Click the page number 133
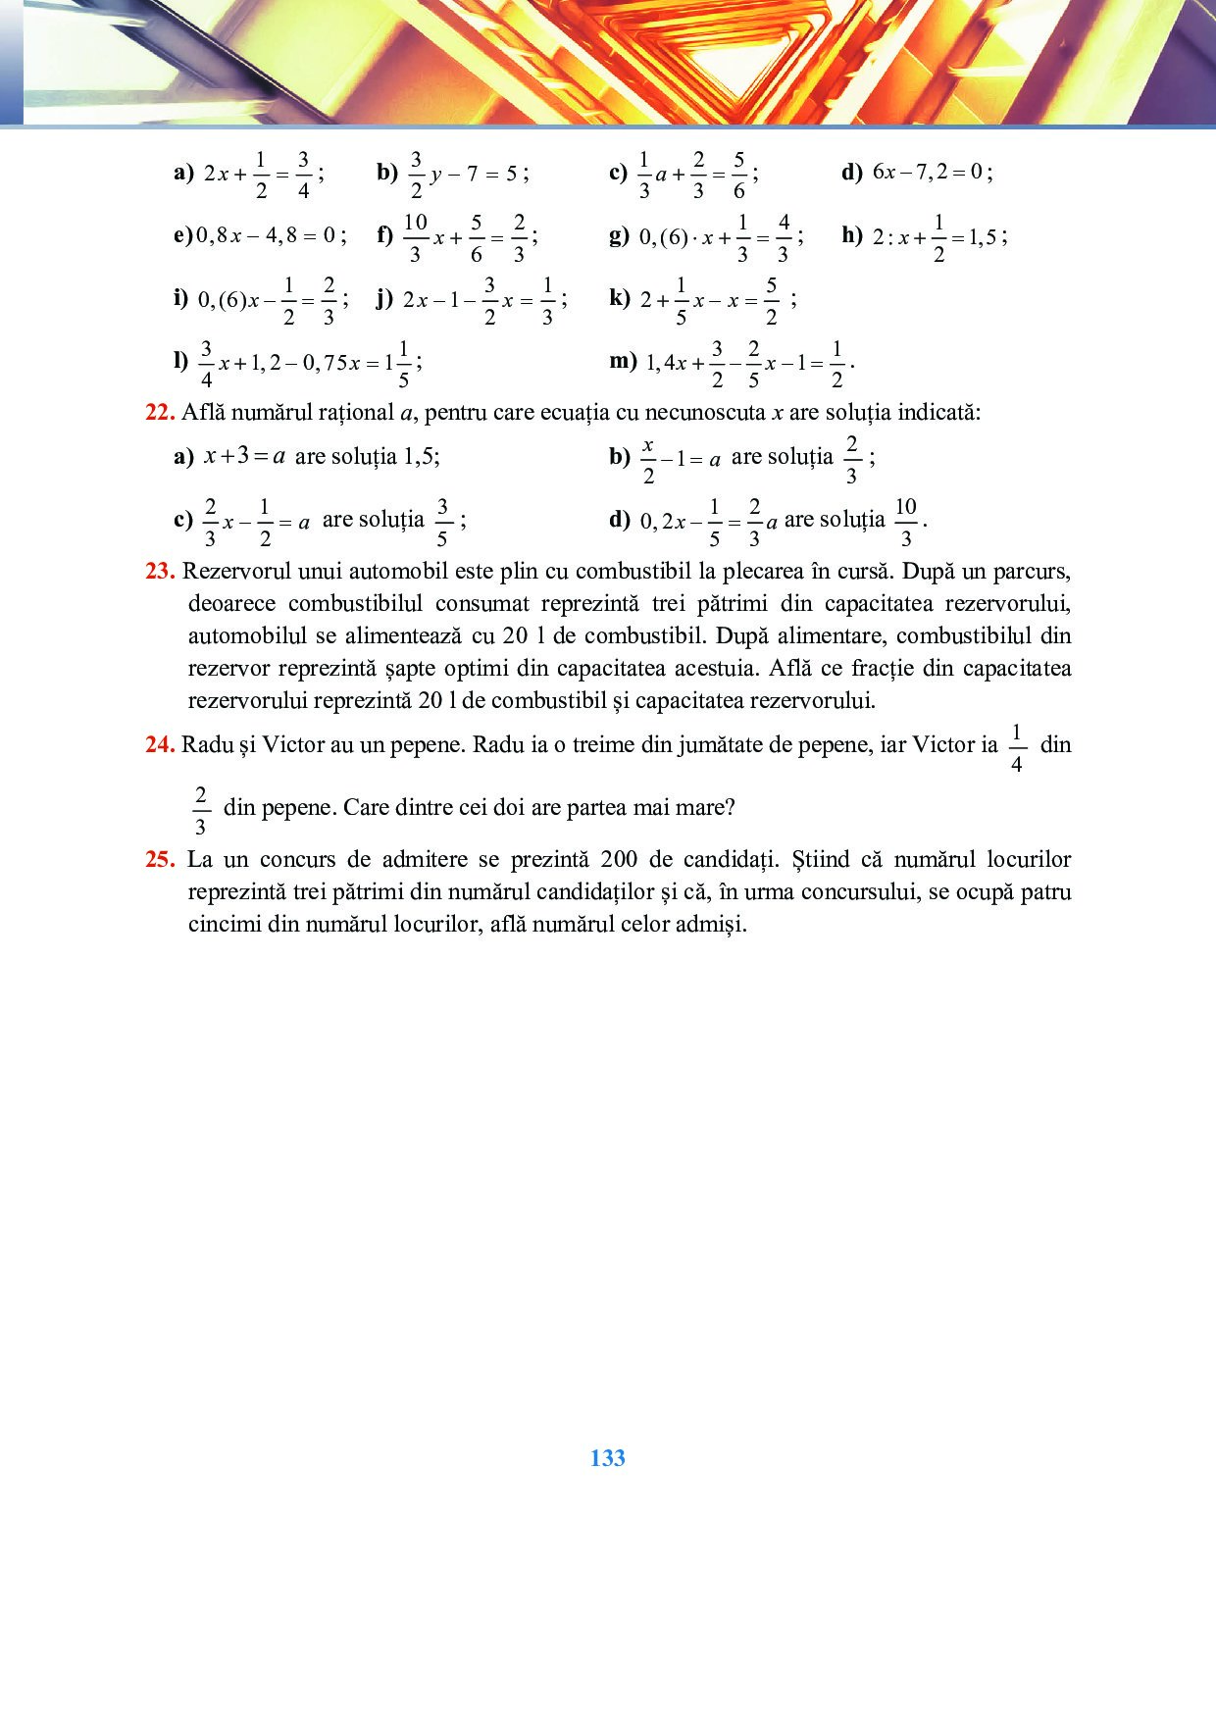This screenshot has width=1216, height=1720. pyautogui.click(x=607, y=1458)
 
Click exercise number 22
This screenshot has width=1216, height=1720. pyautogui.click(x=160, y=413)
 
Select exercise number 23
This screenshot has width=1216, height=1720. pyautogui.click(x=160, y=572)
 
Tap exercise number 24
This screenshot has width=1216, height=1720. pyautogui.click(x=160, y=745)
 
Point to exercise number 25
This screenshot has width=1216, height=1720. pyautogui.click(x=160, y=860)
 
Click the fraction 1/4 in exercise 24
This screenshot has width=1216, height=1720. pyautogui.click(x=1016, y=746)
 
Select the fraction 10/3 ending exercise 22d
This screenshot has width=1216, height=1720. pyautogui.click(x=905, y=521)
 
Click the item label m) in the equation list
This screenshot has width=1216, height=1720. pyautogui.click(x=623, y=361)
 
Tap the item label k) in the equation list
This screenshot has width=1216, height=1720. pyautogui.click(x=619, y=298)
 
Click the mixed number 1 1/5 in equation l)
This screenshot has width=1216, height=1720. pyautogui.click(x=397, y=363)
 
